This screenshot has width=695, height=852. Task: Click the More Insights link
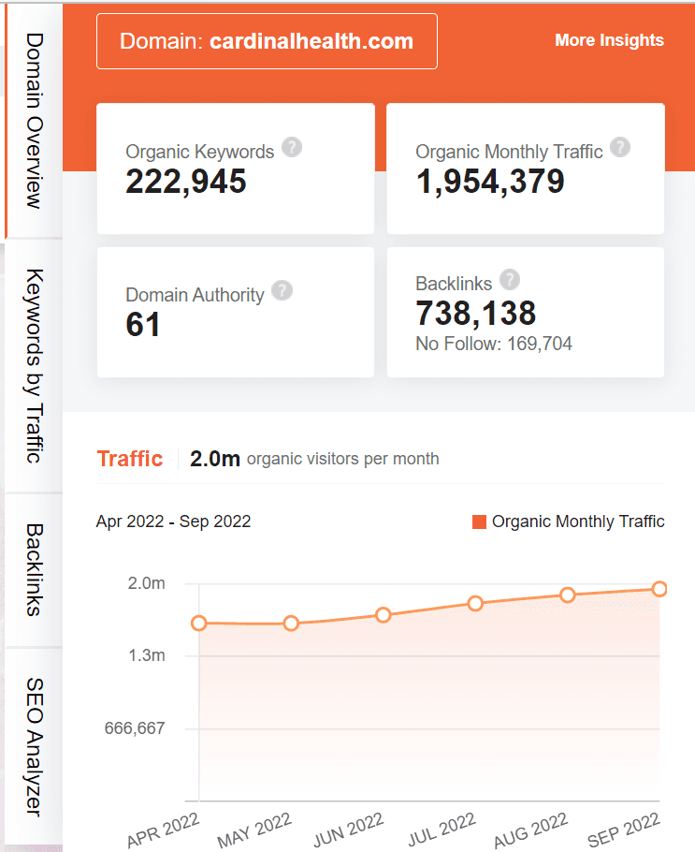point(609,40)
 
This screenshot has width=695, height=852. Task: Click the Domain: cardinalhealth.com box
point(267,41)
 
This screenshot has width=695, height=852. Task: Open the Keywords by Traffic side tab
point(34,365)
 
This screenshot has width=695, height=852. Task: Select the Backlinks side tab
point(34,569)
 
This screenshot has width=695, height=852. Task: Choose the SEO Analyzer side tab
point(34,746)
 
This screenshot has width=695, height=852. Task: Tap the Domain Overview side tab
point(34,121)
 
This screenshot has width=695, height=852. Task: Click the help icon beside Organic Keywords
point(292,148)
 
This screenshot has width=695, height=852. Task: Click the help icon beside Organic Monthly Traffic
point(619,148)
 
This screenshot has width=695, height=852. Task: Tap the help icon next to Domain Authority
point(282,290)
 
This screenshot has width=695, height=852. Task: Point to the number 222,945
point(186,182)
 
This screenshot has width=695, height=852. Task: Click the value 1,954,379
point(490,182)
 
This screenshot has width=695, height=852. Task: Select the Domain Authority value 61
point(143,325)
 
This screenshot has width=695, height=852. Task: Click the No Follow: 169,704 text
point(493,345)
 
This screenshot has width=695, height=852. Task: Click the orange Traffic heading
point(130,459)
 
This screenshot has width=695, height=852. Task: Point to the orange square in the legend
point(480,522)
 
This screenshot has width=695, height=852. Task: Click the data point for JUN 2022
point(383,615)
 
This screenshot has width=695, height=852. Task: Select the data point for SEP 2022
point(659,589)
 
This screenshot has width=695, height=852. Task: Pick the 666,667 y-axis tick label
point(131,728)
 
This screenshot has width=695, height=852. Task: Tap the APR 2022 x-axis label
point(163,829)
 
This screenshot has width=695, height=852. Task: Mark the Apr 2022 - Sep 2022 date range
point(173,521)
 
